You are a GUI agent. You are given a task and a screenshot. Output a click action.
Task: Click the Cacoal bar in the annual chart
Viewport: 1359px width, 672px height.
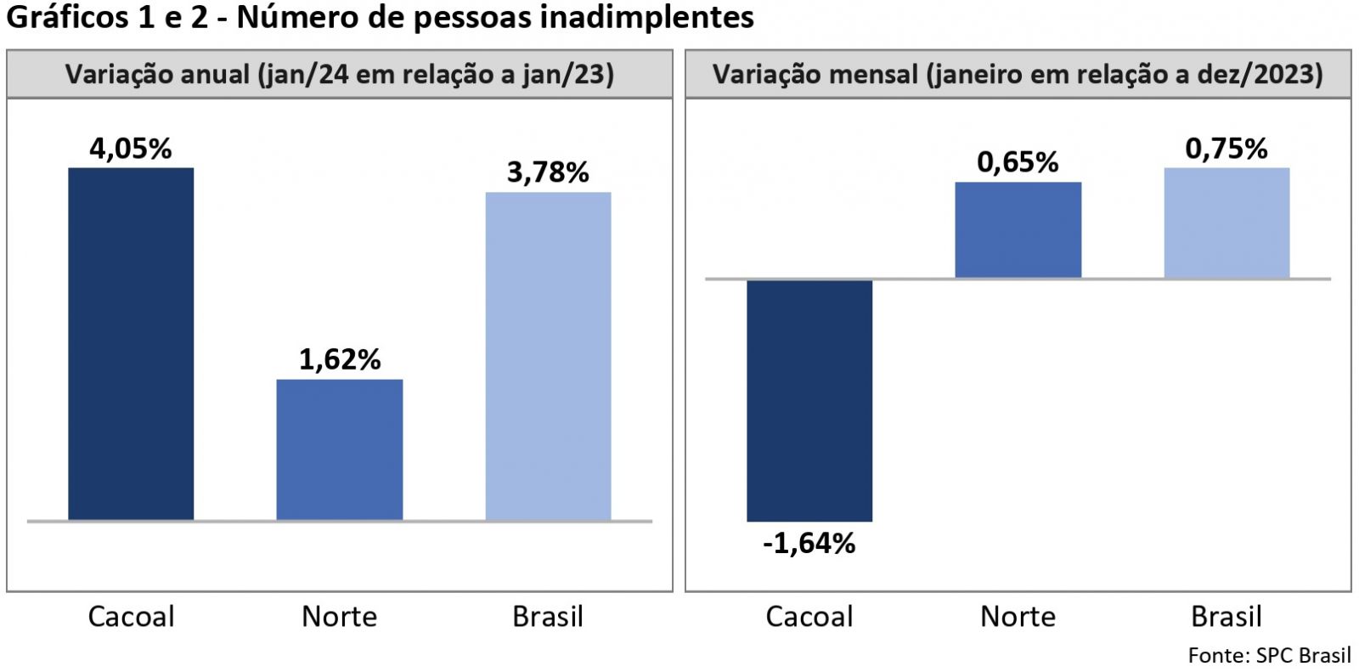131,343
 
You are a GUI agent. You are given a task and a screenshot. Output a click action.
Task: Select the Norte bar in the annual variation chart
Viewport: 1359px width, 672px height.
340,449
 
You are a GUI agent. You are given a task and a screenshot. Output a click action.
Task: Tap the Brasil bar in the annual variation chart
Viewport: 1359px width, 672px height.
548,356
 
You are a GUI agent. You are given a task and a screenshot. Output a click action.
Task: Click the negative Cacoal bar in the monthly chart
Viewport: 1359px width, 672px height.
809,400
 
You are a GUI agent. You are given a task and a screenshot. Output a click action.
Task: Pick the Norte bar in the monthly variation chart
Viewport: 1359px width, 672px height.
1018,229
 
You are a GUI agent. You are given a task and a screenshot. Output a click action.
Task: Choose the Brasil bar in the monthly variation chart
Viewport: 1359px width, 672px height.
1226,223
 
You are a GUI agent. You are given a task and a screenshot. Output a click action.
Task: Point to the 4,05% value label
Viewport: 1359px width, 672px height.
131,149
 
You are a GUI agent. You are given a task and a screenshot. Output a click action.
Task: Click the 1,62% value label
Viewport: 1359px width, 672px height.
340,359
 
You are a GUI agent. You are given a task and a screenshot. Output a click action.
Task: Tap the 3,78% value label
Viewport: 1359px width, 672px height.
548,172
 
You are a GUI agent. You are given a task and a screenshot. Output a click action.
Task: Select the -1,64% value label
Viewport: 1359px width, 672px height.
809,543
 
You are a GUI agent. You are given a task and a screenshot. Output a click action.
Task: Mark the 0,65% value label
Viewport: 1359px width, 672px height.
1018,161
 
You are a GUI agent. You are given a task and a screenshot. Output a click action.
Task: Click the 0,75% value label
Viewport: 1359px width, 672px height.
1226,149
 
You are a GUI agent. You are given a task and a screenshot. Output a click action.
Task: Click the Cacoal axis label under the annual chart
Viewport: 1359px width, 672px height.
131,616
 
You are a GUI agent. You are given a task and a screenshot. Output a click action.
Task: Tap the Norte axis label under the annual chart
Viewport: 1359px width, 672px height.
340,616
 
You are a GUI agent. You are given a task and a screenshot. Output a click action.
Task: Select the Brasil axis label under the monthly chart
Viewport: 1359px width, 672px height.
1226,616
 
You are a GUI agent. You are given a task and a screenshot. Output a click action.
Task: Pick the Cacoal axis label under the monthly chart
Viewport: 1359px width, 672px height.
809,616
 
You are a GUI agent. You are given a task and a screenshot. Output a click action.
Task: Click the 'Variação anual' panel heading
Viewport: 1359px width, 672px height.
340,75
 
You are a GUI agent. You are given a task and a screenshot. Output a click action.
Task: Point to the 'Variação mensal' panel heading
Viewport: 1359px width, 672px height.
1018,75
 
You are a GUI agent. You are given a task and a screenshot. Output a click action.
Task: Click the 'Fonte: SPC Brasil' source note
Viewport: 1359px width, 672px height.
1269,655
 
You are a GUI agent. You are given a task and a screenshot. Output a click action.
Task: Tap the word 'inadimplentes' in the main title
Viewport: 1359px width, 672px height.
646,17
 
